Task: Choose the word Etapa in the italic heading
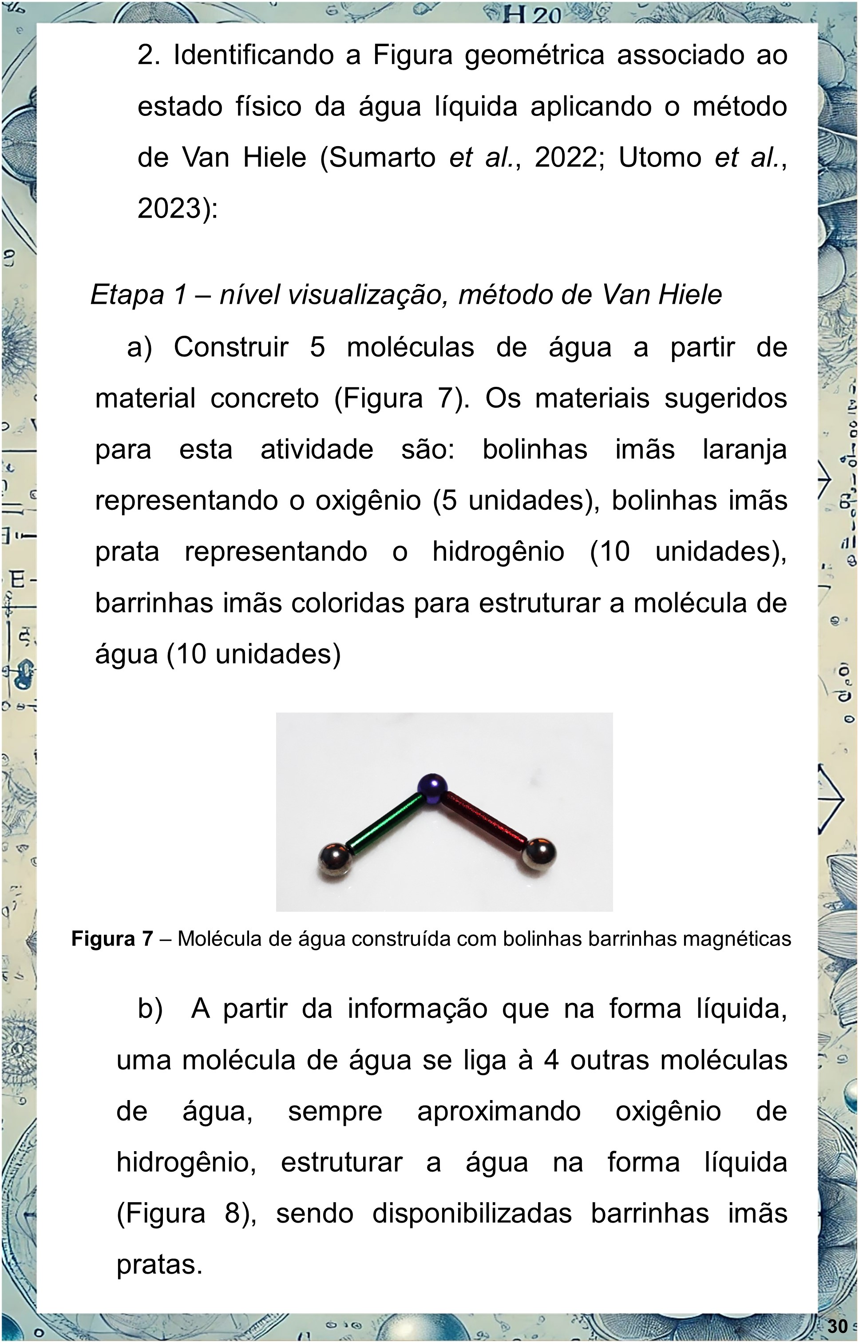pos(127,294)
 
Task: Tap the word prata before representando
pos(127,552)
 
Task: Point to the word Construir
pos(231,347)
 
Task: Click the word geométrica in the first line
pos(534,55)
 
